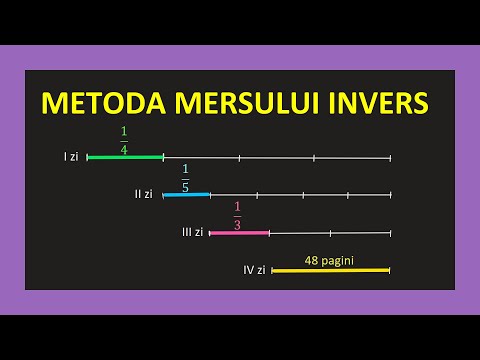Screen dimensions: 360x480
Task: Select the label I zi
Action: [71, 157]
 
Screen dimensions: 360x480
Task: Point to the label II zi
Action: [144, 194]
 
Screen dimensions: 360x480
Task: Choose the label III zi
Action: [192, 232]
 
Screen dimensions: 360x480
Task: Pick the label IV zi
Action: [254, 269]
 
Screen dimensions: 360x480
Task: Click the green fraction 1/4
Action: [124, 140]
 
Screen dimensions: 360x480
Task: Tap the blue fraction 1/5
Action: [185, 177]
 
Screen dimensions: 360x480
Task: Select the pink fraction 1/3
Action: [238, 215]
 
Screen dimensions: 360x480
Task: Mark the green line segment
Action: [125, 157]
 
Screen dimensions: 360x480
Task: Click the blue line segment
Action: [186, 194]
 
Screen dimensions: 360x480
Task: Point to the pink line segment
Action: [239, 233]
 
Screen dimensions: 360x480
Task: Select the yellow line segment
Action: [330, 270]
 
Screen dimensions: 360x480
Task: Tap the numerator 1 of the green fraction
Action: [124, 131]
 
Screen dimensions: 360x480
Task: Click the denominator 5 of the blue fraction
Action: [185, 186]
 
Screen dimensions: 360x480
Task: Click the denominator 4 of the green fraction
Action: [124, 149]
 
